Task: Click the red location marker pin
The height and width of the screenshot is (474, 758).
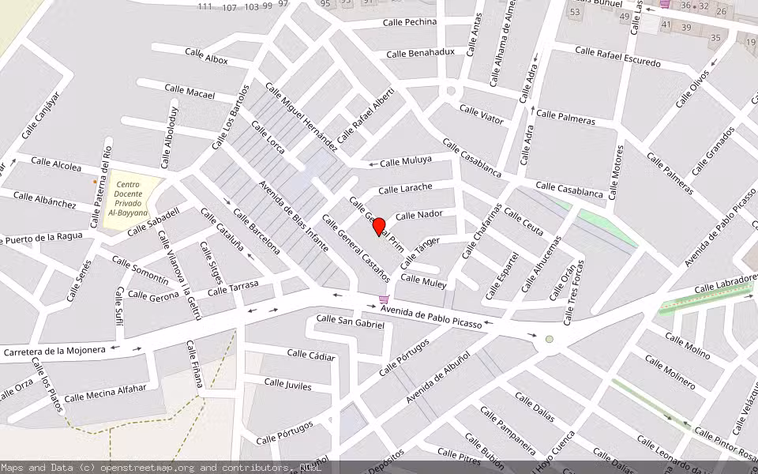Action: point(379,227)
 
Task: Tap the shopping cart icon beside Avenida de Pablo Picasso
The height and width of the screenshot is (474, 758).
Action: point(384,299)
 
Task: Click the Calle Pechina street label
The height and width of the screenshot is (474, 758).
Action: point(409,22)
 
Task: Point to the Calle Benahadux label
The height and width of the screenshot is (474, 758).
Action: point(420,53)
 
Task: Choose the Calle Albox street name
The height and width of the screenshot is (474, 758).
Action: point(206,56)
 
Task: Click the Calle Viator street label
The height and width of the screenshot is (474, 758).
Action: point(481,115)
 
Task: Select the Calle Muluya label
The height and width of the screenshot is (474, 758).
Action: point(406,161)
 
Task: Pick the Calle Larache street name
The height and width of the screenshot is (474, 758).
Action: point(405,188)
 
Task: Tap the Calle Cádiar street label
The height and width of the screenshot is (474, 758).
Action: point(311,355)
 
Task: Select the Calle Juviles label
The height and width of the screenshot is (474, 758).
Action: point(287,386)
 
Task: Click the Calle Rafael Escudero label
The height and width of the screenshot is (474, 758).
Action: point(617,57)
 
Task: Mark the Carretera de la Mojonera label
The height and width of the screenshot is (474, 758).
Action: point(54,350)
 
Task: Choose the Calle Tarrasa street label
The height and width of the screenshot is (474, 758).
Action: point(233,288)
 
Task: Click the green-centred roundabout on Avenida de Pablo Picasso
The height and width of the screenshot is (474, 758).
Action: point(550,340)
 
